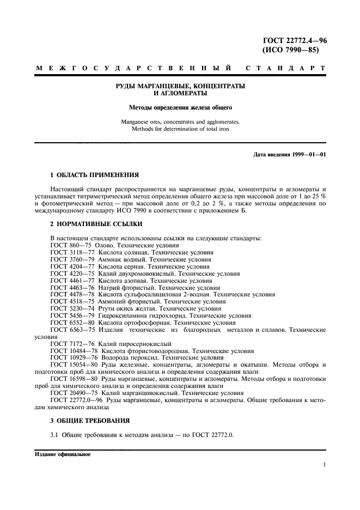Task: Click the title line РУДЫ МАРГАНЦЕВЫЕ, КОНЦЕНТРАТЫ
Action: coord(180,86)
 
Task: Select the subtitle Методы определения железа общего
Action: coord(180,107)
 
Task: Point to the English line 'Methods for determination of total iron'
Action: coord(180,129)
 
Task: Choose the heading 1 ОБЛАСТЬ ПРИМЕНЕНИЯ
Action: coord(94,175)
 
